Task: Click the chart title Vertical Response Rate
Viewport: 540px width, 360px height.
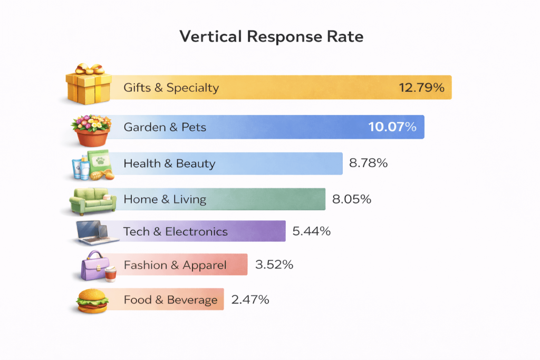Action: coord(272,37)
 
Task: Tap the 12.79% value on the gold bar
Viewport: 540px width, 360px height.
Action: coord(421,87)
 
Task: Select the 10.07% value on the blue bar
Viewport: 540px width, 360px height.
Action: coord(392,127)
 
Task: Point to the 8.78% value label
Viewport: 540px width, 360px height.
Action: coord(368,163)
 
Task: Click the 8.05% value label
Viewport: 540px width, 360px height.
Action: coord(352,199)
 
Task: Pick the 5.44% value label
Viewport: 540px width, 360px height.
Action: coord(311,231)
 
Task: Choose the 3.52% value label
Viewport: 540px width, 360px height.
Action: coord(274,265)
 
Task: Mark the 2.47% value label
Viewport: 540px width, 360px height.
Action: coord(250,300)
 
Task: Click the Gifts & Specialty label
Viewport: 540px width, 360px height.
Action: coord(171,87)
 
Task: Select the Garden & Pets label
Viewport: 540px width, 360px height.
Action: coord(165,127)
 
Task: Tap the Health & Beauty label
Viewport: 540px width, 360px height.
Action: coord(169,163)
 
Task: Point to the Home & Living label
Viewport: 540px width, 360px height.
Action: coord(165,199)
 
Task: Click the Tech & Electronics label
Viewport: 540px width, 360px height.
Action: coord(176,231)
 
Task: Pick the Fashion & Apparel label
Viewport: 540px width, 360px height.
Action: coord(175,265)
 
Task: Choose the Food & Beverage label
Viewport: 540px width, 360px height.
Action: coord(170,300)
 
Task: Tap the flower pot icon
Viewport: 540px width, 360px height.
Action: coord(91,130)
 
